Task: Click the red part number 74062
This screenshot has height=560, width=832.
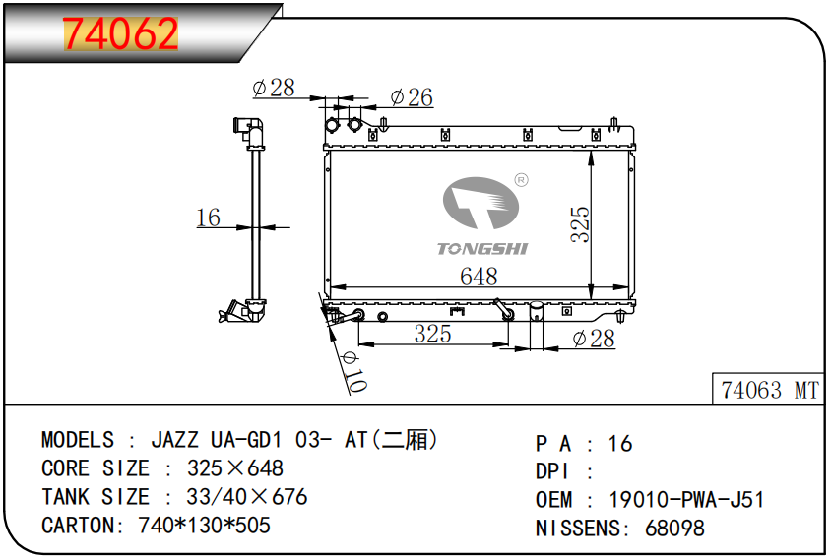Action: pyautogui.click(x=121, y=34)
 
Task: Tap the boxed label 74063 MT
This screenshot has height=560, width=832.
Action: pyautogui.click(x=769, y=391)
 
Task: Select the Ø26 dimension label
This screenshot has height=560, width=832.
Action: pyautogui.click(x=411, y=97)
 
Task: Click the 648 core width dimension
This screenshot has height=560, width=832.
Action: pyautogui.click(x=479, y=277)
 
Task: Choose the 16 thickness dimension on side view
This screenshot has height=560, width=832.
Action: pyautogui.click(x=208, y=218)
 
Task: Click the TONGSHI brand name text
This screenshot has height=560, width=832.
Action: pyautogui.click(x=482, y=249)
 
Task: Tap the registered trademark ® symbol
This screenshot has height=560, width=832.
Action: pyautogui.click(x=522, y=180)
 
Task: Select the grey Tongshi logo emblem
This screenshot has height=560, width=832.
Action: pyautogui.click(x=481, y=207)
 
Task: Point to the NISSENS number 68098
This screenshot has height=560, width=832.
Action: pyautogui.click(x=674, y=529)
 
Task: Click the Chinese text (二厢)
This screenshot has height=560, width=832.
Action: pyautogui.click(x=410, y=440)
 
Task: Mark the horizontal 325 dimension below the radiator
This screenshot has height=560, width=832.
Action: pyautogui.click(x=432, y=334)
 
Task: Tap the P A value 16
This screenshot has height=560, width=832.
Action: pyautogui.click(x=620, y=444)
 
